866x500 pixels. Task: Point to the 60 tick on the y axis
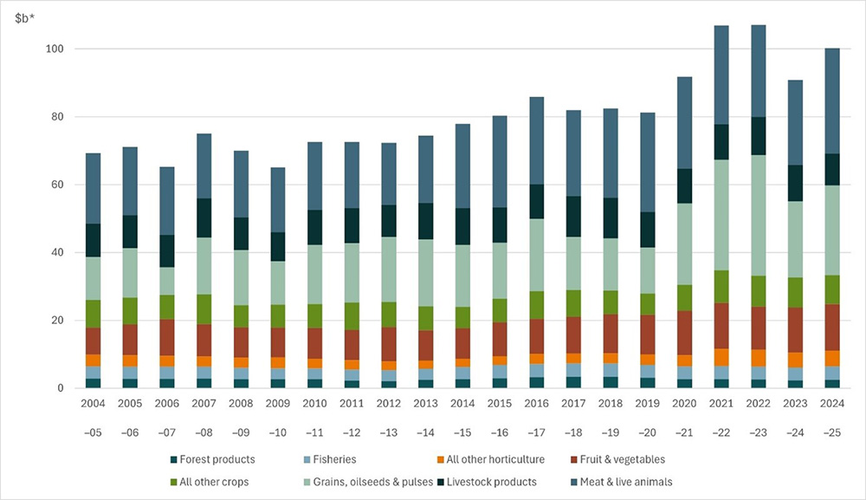tap(55, 185)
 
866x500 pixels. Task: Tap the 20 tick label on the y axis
tap(55, 321)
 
